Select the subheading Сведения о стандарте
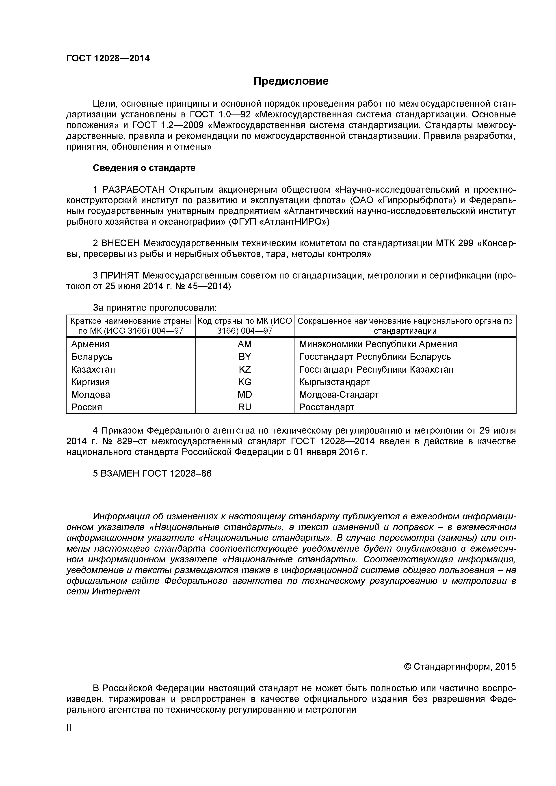point(144,168)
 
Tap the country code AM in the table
point(244,344)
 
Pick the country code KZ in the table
point(244,369)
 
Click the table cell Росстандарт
point(326,407)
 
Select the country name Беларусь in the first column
point(91,357)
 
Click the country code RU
point(244,407)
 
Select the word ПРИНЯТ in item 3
point(120,276)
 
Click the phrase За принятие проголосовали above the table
point(155,308)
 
